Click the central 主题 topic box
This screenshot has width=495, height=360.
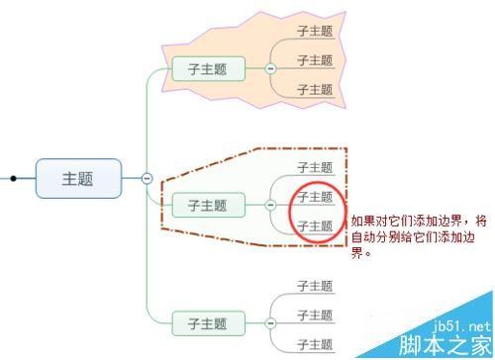click(x=78, y=178)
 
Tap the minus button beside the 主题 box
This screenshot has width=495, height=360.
click(x=147, y=178)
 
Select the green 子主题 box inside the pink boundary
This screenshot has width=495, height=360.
click(x=207, y=68)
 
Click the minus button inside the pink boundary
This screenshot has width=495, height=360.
click(x=269, y=68)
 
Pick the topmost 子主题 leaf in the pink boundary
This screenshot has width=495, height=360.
click(x=315, y=31)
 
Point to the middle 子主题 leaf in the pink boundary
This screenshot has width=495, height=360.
click(x=315, y=60)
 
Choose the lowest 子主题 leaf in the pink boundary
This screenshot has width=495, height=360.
click(x=315, y=89)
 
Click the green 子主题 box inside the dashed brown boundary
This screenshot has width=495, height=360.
click(x=207, y=205)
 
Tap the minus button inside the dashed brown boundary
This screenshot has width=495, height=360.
click(x=269, y=205)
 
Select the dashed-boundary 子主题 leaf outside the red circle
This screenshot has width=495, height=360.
click(x=315, y=167)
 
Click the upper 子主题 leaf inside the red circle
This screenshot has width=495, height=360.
click(x=315, y=197)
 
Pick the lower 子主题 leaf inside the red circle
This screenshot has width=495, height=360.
click(x=315, y=225)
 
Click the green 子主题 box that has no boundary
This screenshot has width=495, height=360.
click(x=207, y=323)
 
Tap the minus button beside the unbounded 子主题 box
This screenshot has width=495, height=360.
click(x=269, y=323)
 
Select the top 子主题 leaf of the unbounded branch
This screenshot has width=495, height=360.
click(x=315, y=285)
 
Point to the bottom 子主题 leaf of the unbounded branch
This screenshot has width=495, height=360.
click(x=315, y=344)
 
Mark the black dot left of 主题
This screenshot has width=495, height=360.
click(x=13, y=179)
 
